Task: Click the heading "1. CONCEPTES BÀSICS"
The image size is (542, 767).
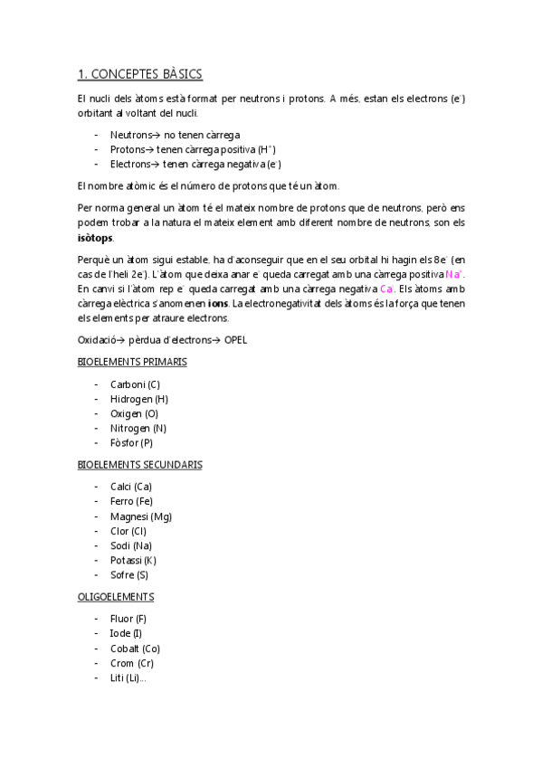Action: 139,74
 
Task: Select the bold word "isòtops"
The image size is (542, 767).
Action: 95,237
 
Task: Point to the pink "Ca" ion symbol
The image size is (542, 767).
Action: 387,289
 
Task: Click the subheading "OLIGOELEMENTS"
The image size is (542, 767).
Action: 116,597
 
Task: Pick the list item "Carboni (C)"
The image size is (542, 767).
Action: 135,384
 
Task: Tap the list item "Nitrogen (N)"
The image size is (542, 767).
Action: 138,428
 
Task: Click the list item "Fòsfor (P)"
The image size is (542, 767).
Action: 131,443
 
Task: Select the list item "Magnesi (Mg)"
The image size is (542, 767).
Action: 140,516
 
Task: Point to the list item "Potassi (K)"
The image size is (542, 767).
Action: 133,560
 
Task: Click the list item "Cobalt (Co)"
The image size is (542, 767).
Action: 135,649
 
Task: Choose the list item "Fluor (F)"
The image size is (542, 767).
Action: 128,619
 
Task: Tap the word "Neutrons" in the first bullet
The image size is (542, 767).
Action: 130,134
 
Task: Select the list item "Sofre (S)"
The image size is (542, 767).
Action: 129,574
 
